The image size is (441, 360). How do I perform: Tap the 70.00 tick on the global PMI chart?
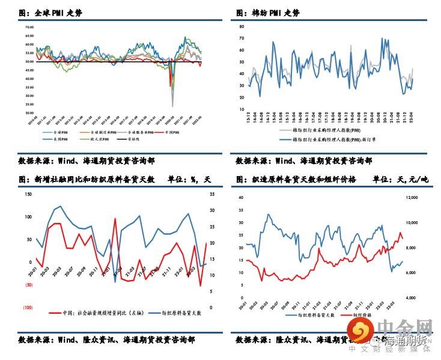pos(29,27)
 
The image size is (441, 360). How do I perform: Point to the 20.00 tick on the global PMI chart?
pos(29,113)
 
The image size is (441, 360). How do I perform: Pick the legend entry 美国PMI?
pos(61,139)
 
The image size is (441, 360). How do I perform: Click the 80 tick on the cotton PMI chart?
pos(240,27)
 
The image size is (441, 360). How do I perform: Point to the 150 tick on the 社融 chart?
pos(28,194)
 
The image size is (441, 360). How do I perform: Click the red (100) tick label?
pos(28,307)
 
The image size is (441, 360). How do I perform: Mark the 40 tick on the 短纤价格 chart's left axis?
pos(241,197)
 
